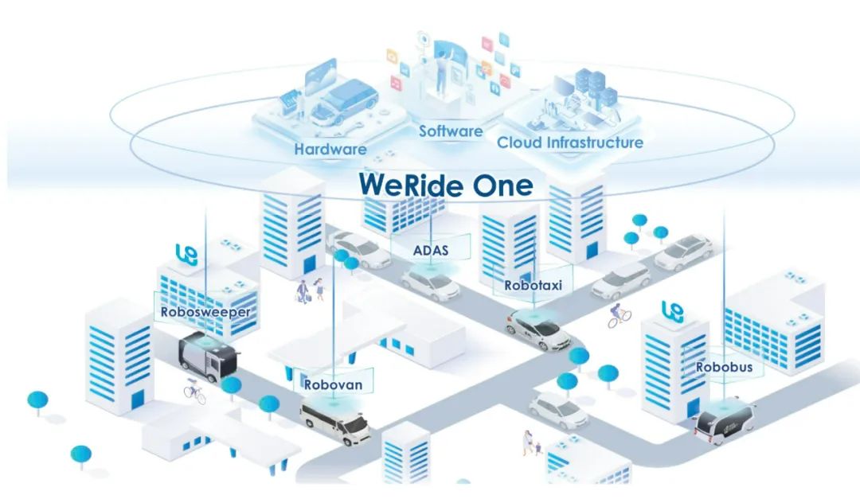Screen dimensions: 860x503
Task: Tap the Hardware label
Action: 330,149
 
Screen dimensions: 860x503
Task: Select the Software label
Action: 451,131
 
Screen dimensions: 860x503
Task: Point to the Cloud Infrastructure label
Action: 570,142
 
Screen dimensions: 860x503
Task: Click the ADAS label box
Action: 431,248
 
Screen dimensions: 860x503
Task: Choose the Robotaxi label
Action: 533,285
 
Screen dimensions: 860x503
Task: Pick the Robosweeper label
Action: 205,312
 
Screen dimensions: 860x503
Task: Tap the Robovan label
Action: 333,384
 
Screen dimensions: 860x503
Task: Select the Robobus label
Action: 724,367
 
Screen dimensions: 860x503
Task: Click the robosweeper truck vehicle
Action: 209,353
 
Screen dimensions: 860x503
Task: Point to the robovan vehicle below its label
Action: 335,422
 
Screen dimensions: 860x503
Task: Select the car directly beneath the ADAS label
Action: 430,283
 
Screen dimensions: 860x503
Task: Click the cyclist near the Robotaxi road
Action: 620,316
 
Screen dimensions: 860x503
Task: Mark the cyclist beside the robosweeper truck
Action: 195,391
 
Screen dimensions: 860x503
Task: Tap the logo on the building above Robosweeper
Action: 186,255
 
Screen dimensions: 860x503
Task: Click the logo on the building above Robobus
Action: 672,311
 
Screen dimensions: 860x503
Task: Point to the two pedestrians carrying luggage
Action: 311,290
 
